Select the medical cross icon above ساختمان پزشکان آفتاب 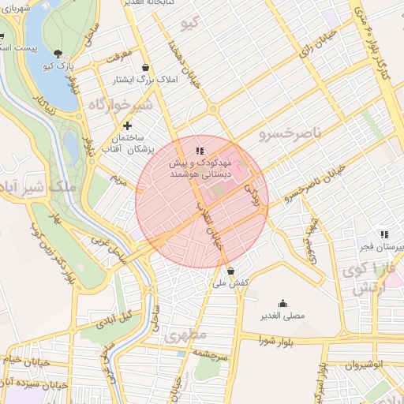[x=128, y=125]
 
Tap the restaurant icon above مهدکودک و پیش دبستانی [x=200, y=150]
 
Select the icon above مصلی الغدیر [x=282, y=303]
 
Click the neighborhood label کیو [x=189, y=23]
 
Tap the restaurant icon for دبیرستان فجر [x=384, y=234]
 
